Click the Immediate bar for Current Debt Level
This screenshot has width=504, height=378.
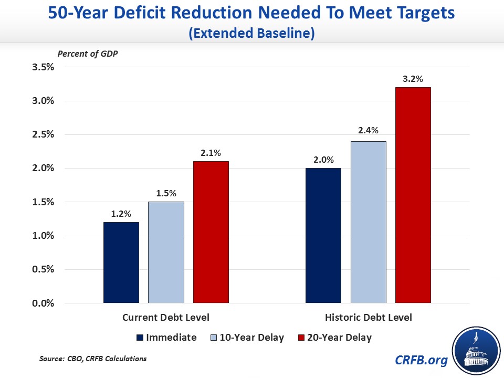121,262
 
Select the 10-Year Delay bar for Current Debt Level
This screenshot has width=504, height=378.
166,253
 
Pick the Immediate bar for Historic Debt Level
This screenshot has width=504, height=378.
323,236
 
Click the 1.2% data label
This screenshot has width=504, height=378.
121,214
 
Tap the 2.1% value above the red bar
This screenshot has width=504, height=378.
211,153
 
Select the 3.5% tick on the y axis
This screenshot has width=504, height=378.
44,67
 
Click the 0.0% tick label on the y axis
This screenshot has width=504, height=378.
44,303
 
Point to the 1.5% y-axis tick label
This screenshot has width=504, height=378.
44,202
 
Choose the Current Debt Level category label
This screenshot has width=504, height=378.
166,318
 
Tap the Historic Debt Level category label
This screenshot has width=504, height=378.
369,318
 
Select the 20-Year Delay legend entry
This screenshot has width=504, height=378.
337,338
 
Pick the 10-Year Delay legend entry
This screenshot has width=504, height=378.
247,338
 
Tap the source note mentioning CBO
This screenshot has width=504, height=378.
93,359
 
